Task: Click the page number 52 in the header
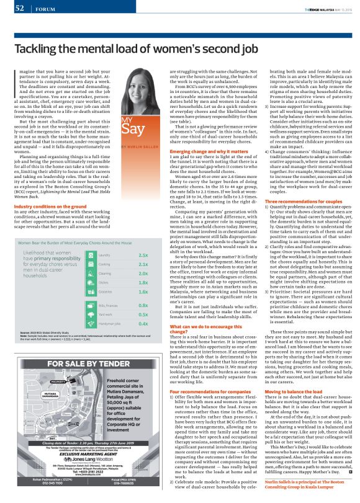coord(10,8)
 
